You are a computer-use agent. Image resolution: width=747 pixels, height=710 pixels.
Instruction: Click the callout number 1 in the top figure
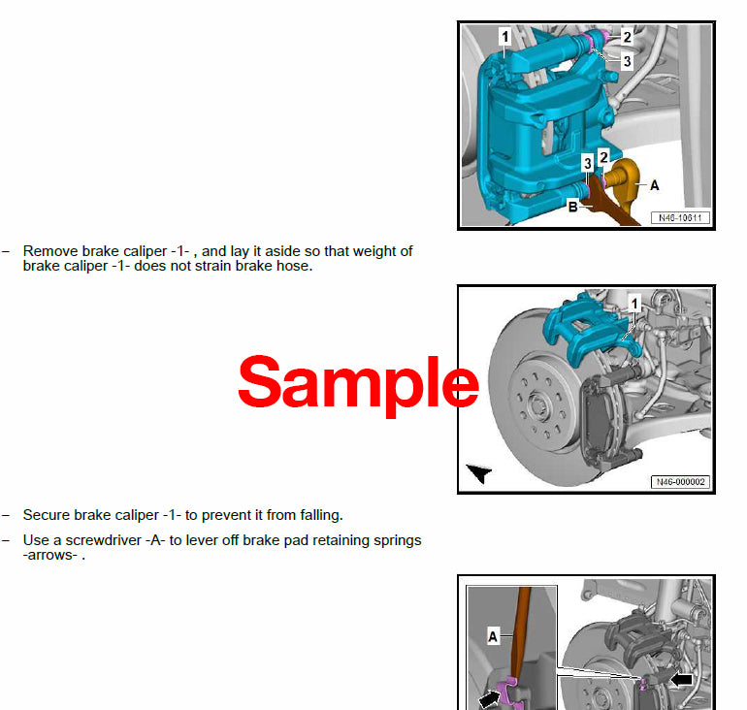[x=504, y=37]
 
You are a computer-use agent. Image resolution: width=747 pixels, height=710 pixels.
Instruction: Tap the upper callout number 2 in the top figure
[x=627, y=37]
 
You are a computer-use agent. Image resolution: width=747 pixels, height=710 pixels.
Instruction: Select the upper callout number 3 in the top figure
[x=627, y=60]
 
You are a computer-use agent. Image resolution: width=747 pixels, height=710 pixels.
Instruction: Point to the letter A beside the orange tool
[x=653, y=185]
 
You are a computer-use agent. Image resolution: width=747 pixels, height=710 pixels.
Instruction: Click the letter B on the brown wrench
[x=573, y=206]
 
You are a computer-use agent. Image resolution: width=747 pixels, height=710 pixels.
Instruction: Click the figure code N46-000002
[x=679, y=481]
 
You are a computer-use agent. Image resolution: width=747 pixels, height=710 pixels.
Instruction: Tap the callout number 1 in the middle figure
[x=634, y=304]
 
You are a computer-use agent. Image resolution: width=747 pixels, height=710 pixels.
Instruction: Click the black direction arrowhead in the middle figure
[x=479, y=472]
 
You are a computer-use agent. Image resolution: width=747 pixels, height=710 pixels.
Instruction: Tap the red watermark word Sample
[x=358, y=382]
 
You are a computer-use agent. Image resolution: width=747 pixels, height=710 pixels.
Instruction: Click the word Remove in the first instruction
[x=49, y=250]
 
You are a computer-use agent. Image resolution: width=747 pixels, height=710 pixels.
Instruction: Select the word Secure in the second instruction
[x=47, y=515]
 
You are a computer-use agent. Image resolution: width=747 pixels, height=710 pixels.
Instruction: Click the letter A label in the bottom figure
[x=493, y=637]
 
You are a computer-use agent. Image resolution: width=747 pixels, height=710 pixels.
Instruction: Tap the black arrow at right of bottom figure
[x=682, y=680]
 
